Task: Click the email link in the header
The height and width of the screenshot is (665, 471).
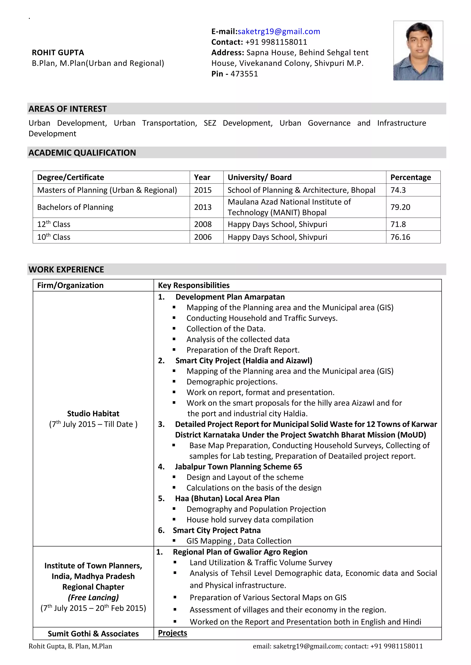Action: pos(279,31)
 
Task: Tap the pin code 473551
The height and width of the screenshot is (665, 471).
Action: pos(244,74)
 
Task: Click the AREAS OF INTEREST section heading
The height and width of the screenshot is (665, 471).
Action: pos(68,109)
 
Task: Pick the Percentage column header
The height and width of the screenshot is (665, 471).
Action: pos(410,177)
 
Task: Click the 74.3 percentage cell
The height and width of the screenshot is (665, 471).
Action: pos(398,190)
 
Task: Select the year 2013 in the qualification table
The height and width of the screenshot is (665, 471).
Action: pos(203,207)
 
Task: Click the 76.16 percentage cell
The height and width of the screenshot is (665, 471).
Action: pos(400,237)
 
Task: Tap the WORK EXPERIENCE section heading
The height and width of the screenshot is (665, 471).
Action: pos(66,269)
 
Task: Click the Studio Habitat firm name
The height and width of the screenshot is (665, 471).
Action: pos(93,413)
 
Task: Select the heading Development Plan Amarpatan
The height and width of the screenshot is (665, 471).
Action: pos(230,297)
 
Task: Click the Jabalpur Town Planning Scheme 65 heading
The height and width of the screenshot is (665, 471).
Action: pos(238,467)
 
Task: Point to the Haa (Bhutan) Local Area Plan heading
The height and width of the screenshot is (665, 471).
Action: pos(227,499)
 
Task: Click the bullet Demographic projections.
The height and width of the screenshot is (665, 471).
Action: pos(232,382)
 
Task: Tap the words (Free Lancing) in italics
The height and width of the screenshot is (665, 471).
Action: pos(93,597)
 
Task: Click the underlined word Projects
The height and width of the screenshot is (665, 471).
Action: pos(172,633)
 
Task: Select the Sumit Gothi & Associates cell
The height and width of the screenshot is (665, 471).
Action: pos(93,634)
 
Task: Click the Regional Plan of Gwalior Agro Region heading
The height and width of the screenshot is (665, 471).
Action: pos(240,552)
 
